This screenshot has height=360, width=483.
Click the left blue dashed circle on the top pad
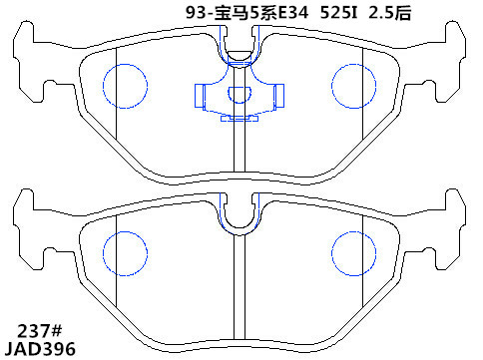coord(103,86)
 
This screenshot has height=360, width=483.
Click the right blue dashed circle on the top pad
coord(331,86)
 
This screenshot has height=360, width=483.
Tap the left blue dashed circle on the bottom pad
coord(103,253)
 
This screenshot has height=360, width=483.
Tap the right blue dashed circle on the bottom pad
coord(331,253)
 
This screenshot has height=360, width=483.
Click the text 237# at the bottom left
coord(40,331)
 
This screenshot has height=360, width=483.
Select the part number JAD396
coord(40,349)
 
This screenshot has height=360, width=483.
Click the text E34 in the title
coord(293,13)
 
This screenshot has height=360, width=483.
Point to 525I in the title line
coord(338,13)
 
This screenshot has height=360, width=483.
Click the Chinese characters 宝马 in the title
coord(232,13)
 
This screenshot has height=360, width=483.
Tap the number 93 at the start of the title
coord(195,13)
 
